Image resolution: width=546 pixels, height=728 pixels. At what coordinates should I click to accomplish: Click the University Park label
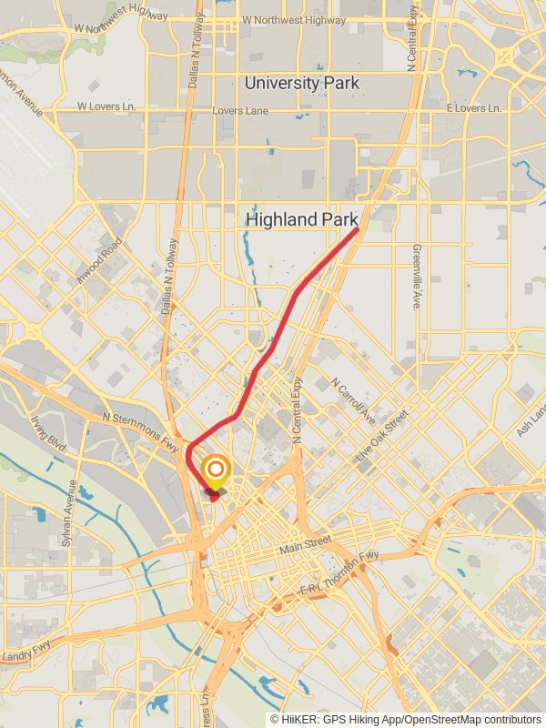(x=301, y=84)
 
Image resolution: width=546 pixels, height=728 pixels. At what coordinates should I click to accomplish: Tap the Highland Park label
(x=302, y=220)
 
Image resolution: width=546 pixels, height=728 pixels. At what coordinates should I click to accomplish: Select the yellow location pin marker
(x=216, y=472)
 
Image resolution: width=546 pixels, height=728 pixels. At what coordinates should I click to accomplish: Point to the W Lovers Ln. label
(x=106, y=106)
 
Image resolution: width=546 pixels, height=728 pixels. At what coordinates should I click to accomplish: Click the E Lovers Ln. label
(x=473, y=108)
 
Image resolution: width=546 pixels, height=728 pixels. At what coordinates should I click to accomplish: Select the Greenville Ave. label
(x=417, y=277)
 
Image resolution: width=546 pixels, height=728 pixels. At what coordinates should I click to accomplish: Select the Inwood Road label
(x=99, y=259)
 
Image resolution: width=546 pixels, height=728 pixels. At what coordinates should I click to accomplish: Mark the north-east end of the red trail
(x=356, y=230)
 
